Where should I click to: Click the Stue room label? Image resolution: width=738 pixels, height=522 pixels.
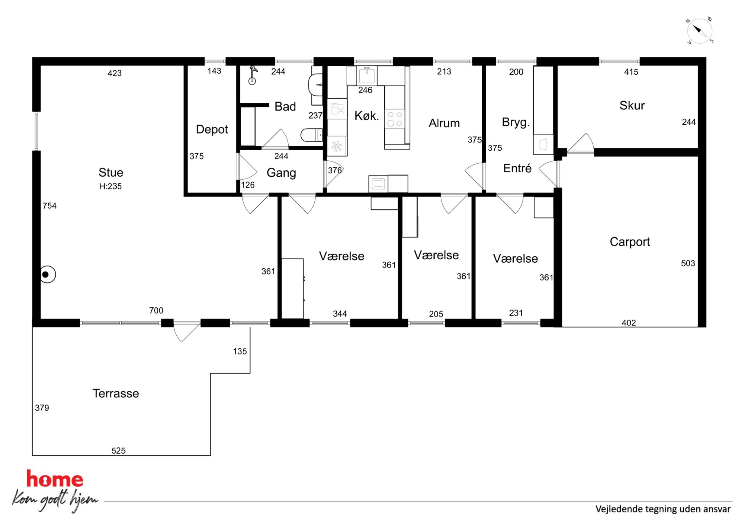point(111,172)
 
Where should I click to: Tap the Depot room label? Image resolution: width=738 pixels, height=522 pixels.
point(212,129)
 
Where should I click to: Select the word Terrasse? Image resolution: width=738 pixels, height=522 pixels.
point(116,393)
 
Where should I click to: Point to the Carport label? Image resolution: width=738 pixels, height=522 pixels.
point(630,242)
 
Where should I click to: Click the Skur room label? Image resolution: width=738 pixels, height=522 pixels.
point(632,105)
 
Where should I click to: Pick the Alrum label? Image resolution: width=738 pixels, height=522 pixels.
point(444,123)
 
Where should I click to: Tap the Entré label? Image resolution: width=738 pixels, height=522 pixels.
point(517,168)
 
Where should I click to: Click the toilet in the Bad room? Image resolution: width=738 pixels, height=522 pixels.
point(312,135)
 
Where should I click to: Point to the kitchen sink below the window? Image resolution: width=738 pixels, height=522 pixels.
point(366,75)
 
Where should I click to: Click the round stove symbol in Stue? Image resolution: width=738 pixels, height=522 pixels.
point(47,275)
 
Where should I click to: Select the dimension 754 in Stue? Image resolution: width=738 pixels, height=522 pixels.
point(49,206)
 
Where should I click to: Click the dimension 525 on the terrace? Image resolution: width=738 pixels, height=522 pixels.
point(119,451)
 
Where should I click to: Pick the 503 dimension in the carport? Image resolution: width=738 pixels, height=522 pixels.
point(688,263)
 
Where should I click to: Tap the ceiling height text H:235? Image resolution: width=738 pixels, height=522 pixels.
point(110,186)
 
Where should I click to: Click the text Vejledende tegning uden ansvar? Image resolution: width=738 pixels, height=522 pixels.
point(663,509)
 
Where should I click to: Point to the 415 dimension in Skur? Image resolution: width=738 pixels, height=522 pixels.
point(631,72)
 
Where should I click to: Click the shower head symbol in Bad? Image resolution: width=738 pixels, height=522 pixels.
point(253,75)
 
